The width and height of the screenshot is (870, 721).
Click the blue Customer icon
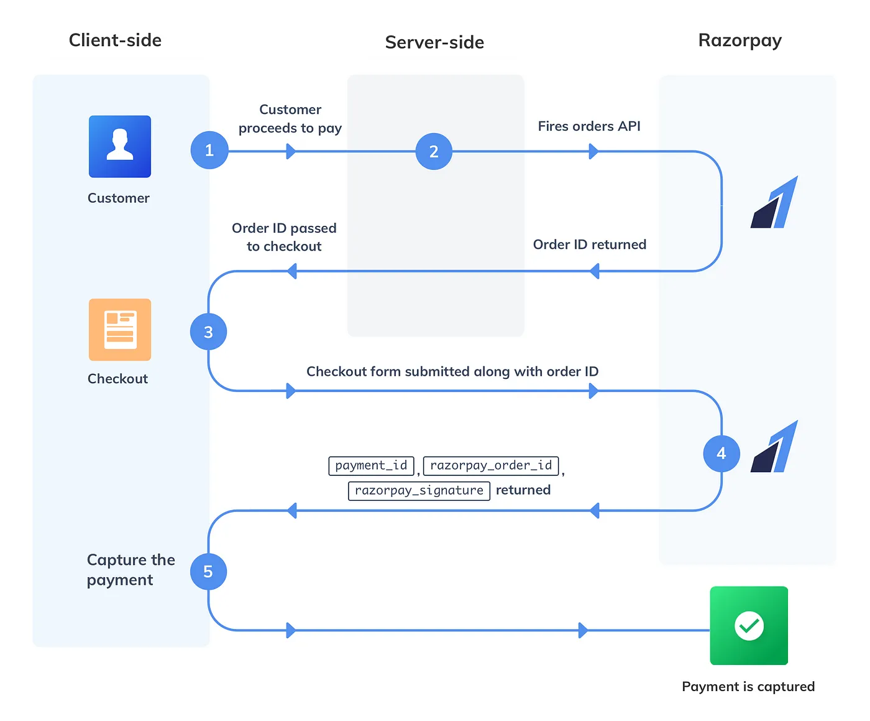(x=119, y=146)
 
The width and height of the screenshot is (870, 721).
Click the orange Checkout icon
(x=119, y=329)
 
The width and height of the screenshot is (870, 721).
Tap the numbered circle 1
(x=209, y=150)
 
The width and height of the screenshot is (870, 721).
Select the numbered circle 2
(x=434, y=151)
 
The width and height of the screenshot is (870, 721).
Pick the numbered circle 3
(x=208, y=332)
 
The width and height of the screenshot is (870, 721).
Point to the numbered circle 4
(x=721, y=454)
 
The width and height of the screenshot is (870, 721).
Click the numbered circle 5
(x=208, y=571)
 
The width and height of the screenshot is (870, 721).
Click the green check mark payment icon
(x=749, y=625)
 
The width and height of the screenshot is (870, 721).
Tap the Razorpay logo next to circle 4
(x=774, y=447)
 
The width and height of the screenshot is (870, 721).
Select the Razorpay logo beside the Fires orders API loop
(x=774, y=202)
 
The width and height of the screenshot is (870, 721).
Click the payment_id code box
(x=371, y=465)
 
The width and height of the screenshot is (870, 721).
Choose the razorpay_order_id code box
(x=491, y=465)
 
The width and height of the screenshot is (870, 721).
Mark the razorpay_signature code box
(x=419, y=490)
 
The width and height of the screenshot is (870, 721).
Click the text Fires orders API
(x=588, y=126)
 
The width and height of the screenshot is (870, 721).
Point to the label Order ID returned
(x=589, y=244)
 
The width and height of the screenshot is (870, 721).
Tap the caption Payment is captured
(x=748, y=686)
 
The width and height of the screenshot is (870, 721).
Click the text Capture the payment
(x=130, y=569)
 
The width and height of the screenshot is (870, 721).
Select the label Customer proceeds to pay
(x=290, y=119)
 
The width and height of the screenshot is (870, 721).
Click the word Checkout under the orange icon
(x=117, y=378)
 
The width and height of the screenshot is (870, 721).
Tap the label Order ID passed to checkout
(x=284, y=237)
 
